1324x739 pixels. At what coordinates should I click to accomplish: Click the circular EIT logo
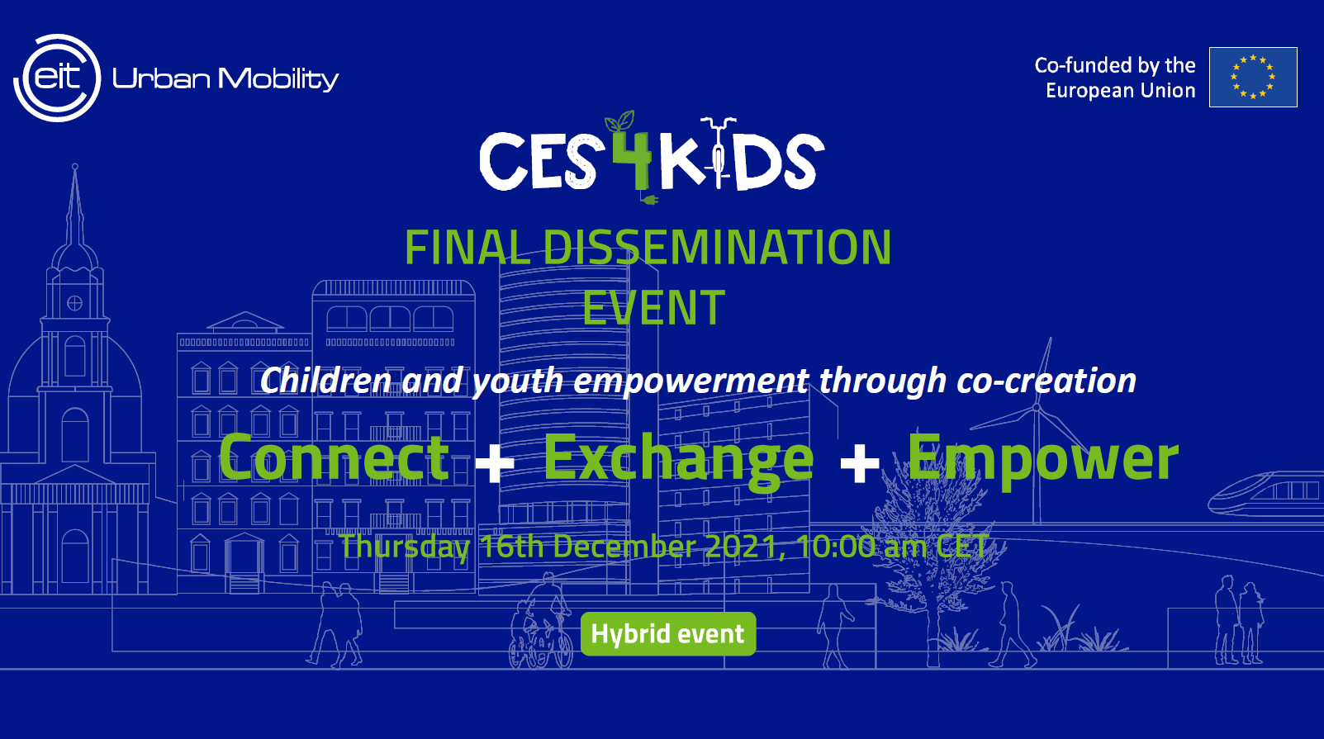pyautogui.click(x=57, y=78)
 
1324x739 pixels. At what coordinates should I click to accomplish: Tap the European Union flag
pyautogui.click(x=1253, y=77)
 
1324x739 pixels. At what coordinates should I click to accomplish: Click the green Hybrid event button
pyautogui.click(x=668, y=634)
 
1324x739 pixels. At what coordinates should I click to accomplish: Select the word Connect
pyautogui.click(x=334, y=457)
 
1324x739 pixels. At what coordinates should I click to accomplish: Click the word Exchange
pyautogui.click(x=679, y=462)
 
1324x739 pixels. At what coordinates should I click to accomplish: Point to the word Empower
pyautogui.click(x=1043, y=461)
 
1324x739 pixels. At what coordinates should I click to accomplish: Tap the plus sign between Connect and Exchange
pyautogui.click(x=494, y=462)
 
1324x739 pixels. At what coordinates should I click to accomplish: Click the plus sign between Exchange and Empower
pyautogui.click(x=860, y=462)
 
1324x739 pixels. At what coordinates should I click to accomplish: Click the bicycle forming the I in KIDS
pyautogui.click(x=718, y=153)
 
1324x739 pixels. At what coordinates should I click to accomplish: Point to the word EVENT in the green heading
pyautogui.click(x=653, y=308)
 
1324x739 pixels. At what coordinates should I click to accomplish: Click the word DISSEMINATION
pyautogui.click(x=717, y=247)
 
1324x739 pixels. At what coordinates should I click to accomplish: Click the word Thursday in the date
pyautogui.click(x=405, y=547)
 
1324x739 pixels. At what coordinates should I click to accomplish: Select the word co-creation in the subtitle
pyautogui.click(x=1046, y=380)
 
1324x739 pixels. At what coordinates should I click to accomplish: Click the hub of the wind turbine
pyautogui.click(x=1036, y=407)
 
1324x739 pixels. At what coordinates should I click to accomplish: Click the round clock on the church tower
pyautogui.click(x=74, y=303)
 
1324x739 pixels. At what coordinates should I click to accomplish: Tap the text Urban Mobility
pyautogui.click(x=225, y=79)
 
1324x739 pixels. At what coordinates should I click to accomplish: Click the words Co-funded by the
pyautogui.click(x=1115, y=65)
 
